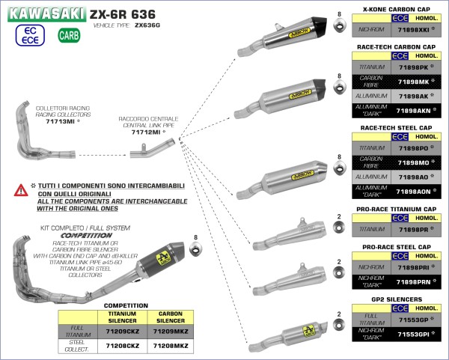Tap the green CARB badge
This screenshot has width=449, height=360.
pos(69,35)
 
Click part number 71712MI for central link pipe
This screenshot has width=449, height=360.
pos(147,132)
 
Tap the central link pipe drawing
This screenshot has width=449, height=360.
pos(146,155)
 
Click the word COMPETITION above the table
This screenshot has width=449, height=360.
pos(120,305)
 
